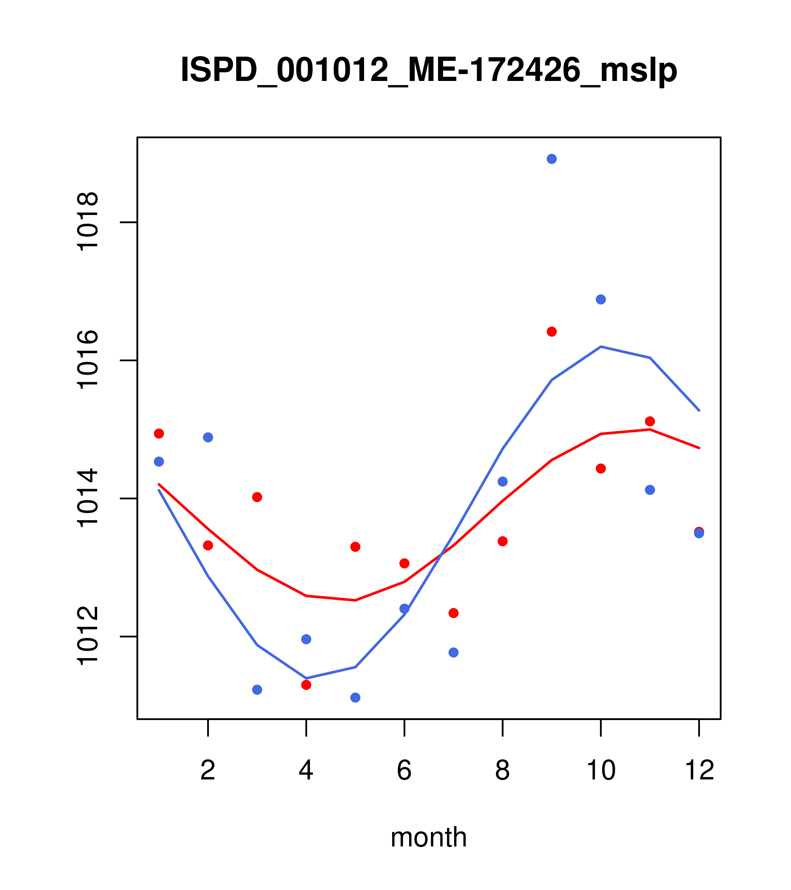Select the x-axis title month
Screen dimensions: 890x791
pos(429,837)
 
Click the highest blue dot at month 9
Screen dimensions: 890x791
pos(552,159)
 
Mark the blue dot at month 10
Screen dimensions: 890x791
pos(601,300)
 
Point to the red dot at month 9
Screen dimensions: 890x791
pos(552,332)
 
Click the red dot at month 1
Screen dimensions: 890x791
pos(159,434)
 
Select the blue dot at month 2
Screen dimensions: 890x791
pos(208,437)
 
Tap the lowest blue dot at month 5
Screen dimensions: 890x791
pos(355,698)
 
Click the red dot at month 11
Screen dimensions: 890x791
pos(650,421)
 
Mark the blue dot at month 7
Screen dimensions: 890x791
pos(454,652)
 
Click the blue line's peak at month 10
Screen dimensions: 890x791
pos(601,347)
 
